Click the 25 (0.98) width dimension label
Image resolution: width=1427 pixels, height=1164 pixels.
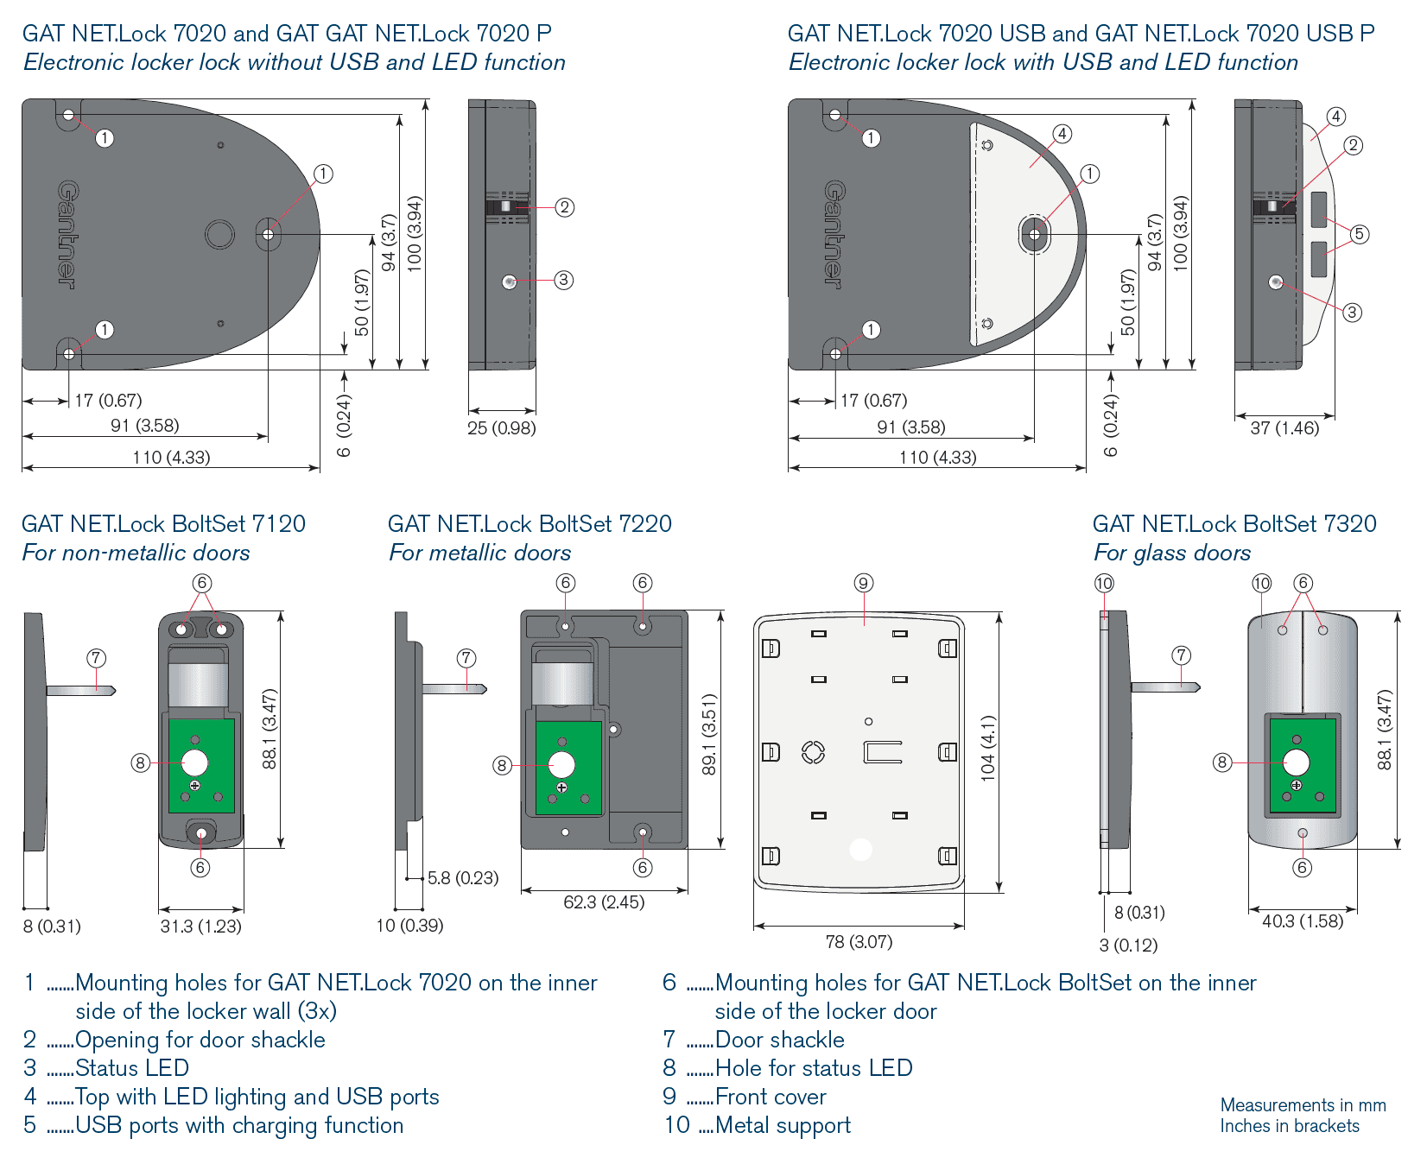pos(502,428)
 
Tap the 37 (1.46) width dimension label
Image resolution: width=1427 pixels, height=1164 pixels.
pos(1284,428)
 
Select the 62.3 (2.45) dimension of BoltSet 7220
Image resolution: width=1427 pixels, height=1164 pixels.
pos(604,902)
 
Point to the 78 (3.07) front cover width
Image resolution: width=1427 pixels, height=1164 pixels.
pos(859,942)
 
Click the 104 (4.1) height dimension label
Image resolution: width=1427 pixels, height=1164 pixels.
pos(987,749)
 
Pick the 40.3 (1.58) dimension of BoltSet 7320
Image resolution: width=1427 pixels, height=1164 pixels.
pos(1303,921)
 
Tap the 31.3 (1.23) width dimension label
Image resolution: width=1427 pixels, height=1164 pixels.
pos(201,927)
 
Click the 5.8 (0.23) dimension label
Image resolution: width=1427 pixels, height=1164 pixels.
pos(463,878)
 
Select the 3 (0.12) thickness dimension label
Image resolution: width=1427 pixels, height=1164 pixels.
pos(1128,946)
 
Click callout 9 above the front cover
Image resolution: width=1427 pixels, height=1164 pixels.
pos(863,583)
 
